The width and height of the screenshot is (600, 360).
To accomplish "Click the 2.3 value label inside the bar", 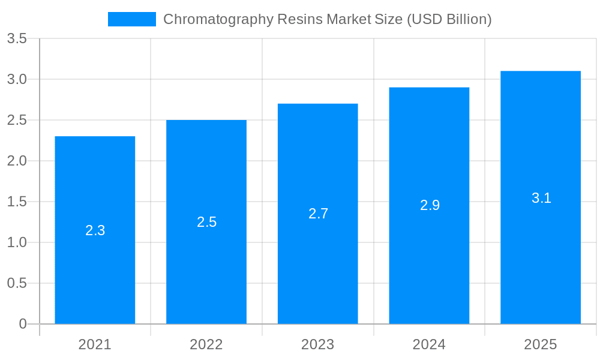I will click(95, 230).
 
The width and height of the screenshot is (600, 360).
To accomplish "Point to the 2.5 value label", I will click(206, 222).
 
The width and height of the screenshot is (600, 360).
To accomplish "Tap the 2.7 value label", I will click(318, 214).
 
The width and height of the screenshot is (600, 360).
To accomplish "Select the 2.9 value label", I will click(430, 205).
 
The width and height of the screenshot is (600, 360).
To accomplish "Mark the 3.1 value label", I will click(541, 198).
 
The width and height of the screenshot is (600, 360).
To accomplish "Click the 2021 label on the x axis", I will click(95, 344).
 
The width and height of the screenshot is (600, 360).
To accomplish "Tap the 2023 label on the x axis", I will click(318, 344).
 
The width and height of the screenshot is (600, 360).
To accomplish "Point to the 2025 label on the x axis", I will click(541, 344).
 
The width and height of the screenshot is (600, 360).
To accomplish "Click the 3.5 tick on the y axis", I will click(17, 39).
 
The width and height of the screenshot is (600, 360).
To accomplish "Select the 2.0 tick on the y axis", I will click(17, 161).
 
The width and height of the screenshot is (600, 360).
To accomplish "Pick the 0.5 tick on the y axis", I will click(17, 283).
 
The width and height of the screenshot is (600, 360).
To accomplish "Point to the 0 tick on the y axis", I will click(23, 324).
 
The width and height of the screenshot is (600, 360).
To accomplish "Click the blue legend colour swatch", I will click(131, 19).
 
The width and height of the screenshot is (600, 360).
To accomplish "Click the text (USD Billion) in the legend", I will click(449, 19).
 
